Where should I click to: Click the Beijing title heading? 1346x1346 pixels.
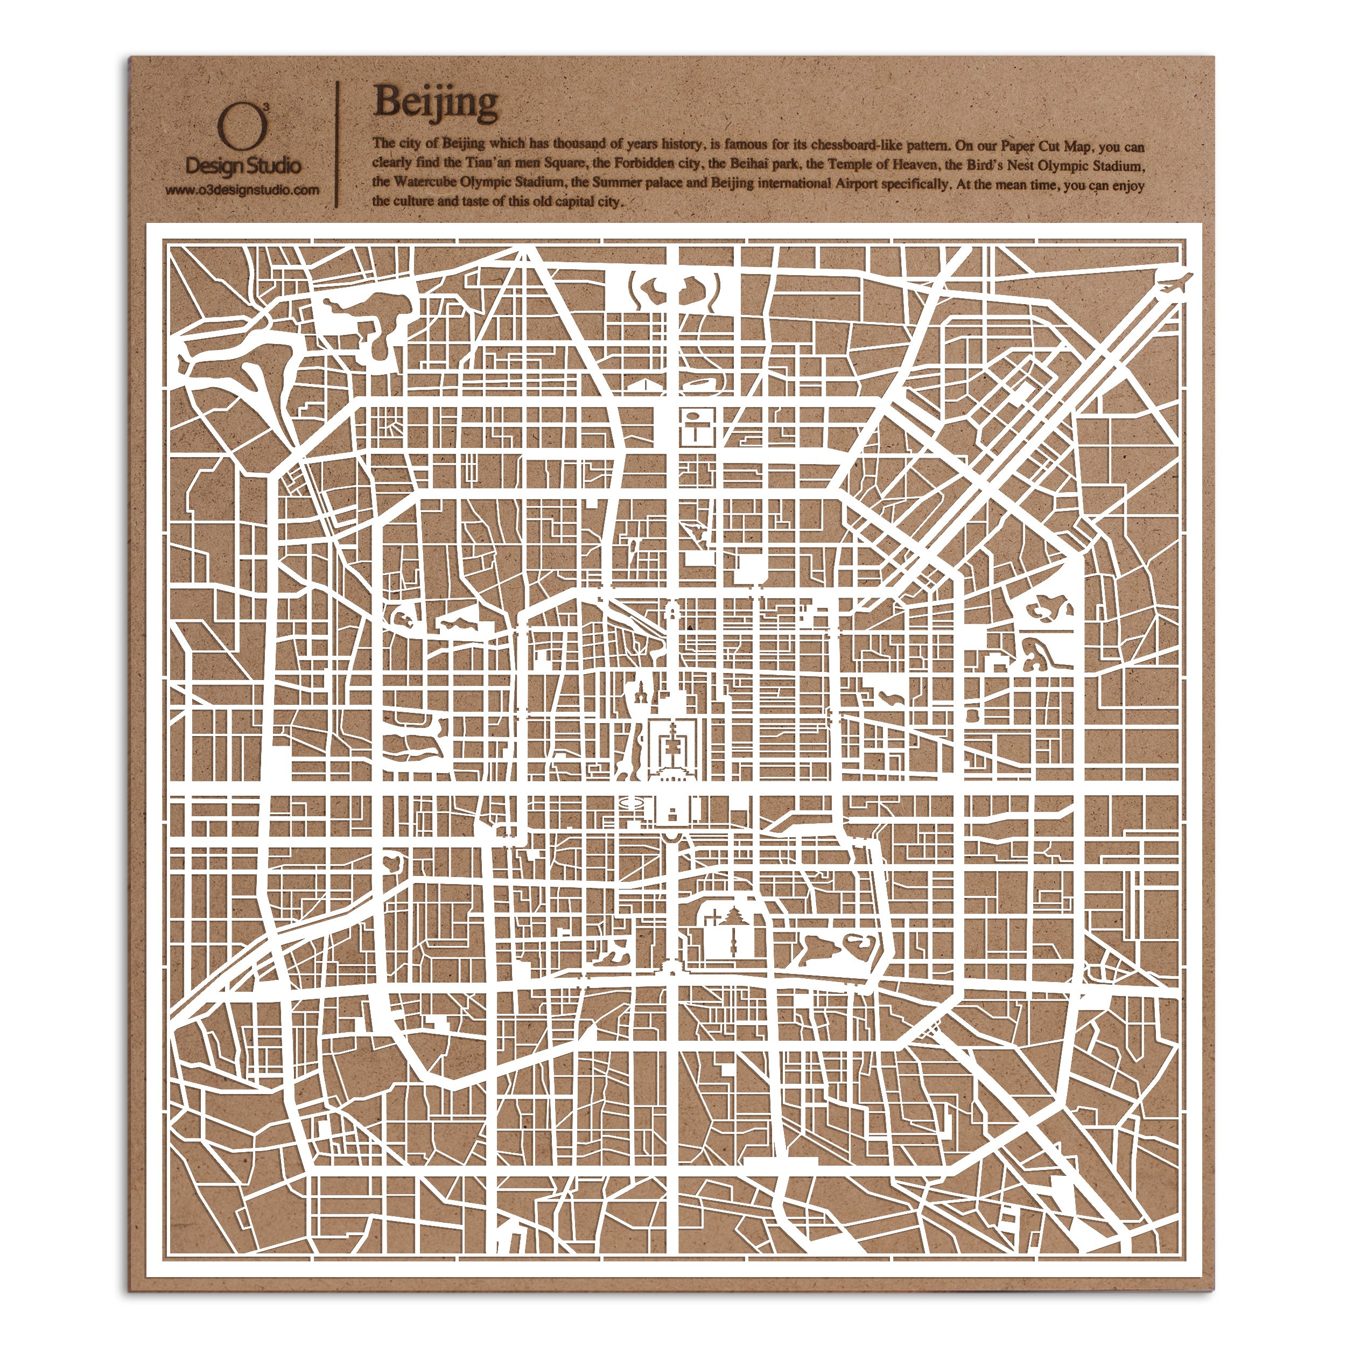[x=436, y=102]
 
